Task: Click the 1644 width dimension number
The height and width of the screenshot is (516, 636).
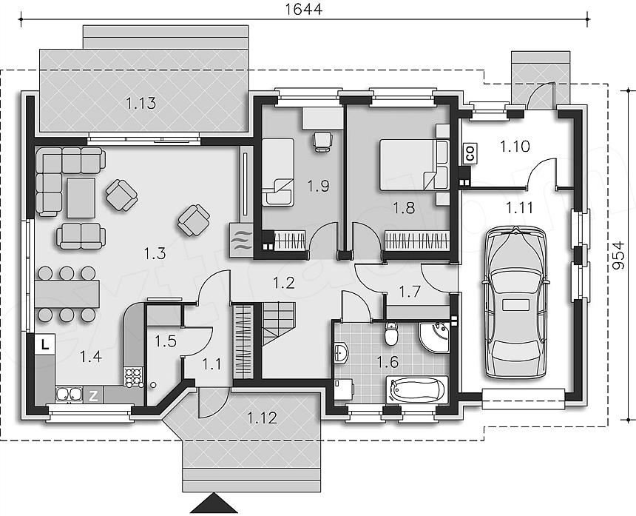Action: point(303,9)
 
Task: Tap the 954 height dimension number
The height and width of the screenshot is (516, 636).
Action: point(618,255)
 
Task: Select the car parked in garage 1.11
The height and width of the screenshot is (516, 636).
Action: point(515,303)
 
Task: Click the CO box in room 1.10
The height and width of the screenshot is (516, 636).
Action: point(470,154)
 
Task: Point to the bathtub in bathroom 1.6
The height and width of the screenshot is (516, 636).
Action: point(417,389)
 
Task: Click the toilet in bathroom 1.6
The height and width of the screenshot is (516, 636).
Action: point(391,333)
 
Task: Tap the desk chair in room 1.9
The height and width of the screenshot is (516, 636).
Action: point(322,141)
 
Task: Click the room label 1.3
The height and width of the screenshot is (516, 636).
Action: point(155,254)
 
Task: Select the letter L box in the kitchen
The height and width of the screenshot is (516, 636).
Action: point(44,345)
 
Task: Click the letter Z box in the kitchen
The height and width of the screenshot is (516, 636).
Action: point(93,395)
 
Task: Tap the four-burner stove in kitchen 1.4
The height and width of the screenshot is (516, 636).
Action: point(133,376)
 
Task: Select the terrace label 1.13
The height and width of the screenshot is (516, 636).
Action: point(141,104)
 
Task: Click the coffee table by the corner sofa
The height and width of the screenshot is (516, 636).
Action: point(81,198)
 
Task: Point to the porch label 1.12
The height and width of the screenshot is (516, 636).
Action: point(263,418)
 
